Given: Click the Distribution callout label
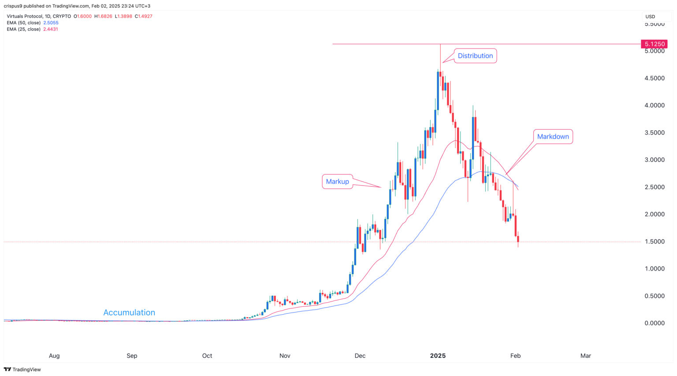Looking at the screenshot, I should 475,56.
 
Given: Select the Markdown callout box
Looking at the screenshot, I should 553,137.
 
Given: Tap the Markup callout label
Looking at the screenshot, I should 337,181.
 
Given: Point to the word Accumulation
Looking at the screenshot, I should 129,312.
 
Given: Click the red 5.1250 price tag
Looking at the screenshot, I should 654,44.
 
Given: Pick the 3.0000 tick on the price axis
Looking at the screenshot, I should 654,160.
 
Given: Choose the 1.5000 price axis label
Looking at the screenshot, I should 654,241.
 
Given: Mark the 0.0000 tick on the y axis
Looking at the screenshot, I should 654,323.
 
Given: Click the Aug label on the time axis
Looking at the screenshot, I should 54,356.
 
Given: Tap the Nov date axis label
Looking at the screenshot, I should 285,356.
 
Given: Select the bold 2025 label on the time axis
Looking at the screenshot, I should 438,356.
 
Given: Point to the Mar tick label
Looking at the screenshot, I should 585,356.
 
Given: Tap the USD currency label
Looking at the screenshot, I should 650,16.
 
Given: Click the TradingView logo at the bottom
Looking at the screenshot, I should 22,369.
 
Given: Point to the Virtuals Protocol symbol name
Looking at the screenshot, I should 25,16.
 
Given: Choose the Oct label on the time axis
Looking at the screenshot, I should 207,356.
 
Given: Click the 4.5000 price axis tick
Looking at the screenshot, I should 654,78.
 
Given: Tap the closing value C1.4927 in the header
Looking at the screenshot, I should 143,16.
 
